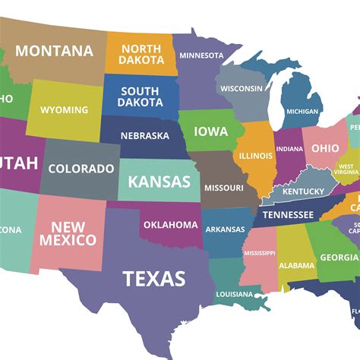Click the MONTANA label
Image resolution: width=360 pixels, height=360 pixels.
coord(54,52)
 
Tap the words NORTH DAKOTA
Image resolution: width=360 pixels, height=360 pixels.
coord(141,54)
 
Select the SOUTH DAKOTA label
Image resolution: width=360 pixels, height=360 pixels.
coord(140,96)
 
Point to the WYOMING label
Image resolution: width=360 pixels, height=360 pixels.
coord(64,110)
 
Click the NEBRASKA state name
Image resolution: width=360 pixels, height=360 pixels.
coord(144,136)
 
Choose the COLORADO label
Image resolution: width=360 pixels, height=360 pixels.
coord(81,169)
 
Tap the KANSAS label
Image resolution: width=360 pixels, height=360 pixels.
coord(159,182)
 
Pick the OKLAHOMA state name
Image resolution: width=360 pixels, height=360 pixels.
coord(170,224)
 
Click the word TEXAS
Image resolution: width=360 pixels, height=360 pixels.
coord(154,278)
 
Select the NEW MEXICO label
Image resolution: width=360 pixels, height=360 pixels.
coord(74,233)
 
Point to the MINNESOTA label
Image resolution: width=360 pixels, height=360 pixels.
coord(201,55)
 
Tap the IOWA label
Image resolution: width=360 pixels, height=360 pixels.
coord(210,131)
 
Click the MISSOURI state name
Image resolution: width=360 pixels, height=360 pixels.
coord(224,188)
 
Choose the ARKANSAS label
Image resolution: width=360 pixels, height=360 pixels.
coord(225,229)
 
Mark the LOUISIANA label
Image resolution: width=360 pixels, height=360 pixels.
coord(234,294)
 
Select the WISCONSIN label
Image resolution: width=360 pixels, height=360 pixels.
coord(242,88)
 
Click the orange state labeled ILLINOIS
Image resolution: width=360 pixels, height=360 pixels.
coord(256,156)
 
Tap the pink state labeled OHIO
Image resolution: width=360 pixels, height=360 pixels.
coord(325,147)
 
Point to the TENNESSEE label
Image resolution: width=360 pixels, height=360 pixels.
coord(288,215)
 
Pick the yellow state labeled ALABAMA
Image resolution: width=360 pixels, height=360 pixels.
coord(296,265)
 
